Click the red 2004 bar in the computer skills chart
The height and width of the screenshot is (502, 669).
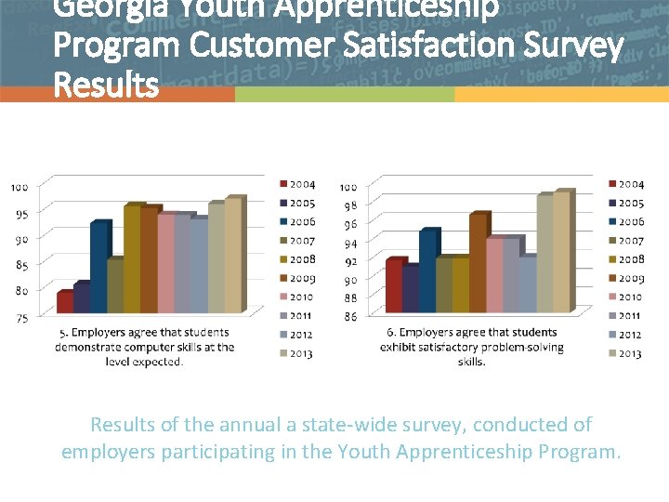coord(64,302)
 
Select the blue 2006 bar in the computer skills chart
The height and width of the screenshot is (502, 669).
coord(98,268)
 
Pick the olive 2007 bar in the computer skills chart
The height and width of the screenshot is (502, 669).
coord(114,285)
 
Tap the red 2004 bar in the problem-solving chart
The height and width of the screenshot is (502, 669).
coord(393,285)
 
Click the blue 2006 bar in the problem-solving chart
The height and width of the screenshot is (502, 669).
coord(427,271)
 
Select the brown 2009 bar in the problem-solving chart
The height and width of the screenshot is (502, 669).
coord(477,263)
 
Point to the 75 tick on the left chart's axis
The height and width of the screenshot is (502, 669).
coord(20,317)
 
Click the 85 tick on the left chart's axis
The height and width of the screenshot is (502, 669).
coord(20,265)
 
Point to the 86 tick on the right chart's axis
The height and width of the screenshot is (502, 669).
coord(350,317)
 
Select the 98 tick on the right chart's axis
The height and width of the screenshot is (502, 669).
coord(350,205)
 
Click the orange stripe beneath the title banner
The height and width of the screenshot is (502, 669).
coord(117,95)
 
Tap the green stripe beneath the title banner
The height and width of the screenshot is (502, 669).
coord(344,95)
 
